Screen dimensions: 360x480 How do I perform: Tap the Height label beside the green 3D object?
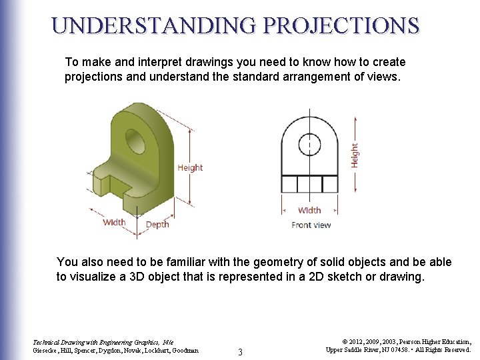(190, 167)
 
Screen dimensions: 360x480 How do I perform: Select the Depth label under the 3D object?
(157, 225)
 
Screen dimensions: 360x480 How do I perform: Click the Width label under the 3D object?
(114, 222)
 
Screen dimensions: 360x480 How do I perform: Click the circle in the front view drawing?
(309, 144)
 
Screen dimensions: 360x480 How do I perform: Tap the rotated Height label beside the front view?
(354, 155)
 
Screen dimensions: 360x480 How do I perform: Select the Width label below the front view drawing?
(309, 210)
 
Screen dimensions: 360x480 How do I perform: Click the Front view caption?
(311, 225)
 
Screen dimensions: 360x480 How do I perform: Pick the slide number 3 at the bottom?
(240, 351)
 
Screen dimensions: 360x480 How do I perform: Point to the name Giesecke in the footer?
(47, 350)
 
